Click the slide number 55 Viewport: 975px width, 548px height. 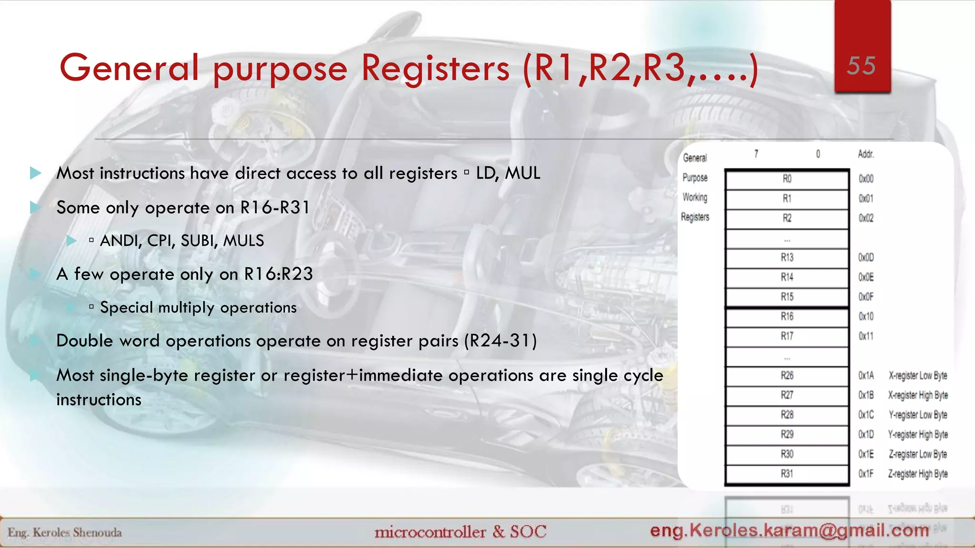[x=861, y=66]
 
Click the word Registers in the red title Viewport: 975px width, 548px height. [x=435, y=68]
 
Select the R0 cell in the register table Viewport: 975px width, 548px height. [x=787, y=179]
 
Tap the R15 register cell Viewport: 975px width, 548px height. [x=787, y=297]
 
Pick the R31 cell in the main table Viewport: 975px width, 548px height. [x=787, y=474]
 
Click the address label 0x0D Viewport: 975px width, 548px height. [x=866, y=257]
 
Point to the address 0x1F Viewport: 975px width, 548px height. [x=866, y=474]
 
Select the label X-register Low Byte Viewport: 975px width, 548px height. [x=918, y=376]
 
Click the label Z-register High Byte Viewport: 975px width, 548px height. [x=918, y=474]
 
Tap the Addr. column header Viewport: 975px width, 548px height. [x=866, y=154]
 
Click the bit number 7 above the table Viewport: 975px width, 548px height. [x=756, y=154]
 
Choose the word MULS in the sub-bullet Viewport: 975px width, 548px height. [x=243, y=241]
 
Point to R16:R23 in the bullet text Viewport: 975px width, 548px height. [x=279, y=274]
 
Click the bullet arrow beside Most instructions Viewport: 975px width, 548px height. [x=36, y=173]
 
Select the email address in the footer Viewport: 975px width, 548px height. [x=789, y=530]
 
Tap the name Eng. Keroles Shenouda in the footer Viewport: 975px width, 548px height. [x=65, y=532]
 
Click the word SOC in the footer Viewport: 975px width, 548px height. [x=528, y=531]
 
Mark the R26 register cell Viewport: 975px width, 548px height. [x=787, y=376]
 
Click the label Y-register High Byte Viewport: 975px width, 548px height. [x=918, y=435]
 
